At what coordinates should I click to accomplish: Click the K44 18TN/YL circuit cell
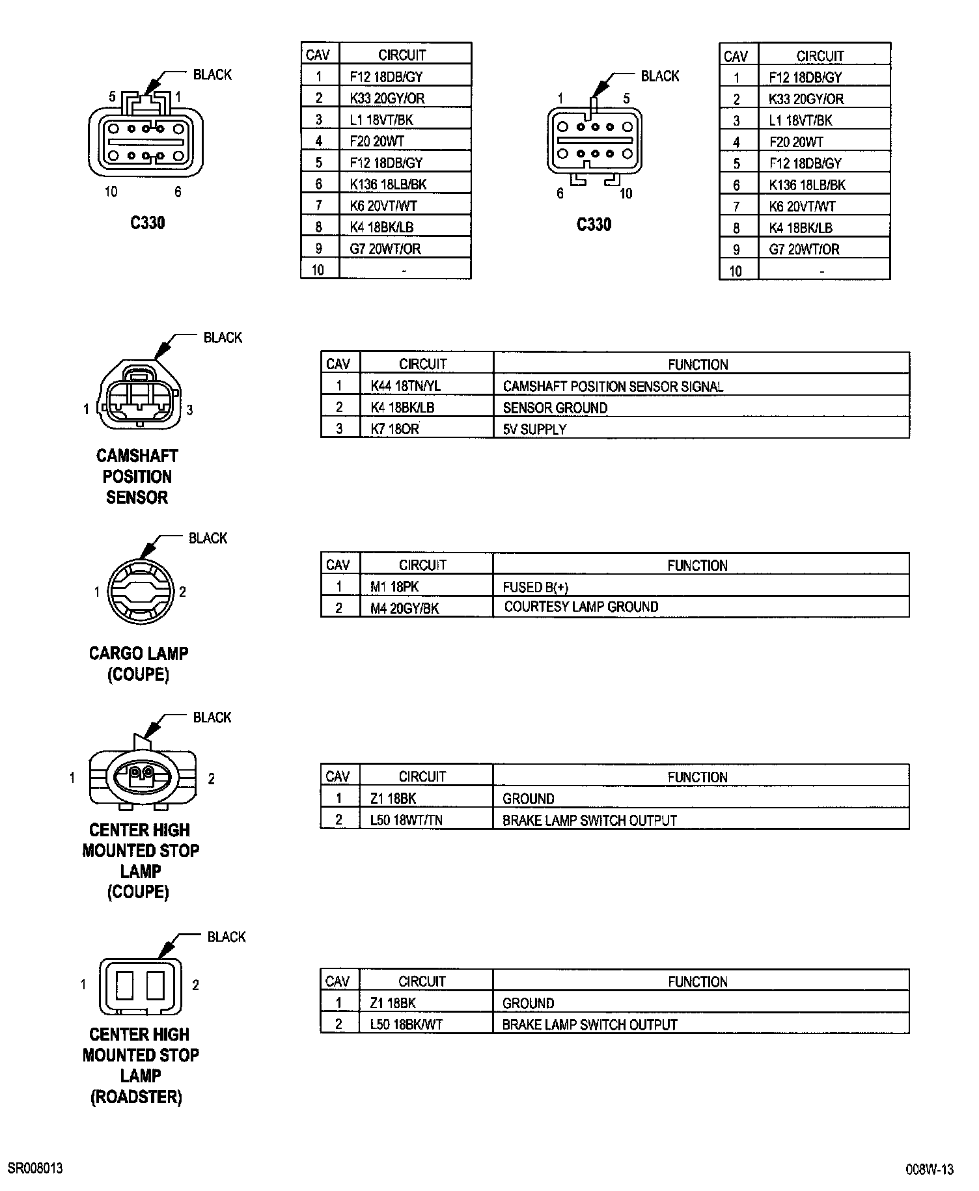pos(406,386)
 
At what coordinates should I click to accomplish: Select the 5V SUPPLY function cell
pos(534,430)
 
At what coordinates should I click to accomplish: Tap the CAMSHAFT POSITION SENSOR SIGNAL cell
pos(613,387)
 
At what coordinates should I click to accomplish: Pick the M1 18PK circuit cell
pos(394,587)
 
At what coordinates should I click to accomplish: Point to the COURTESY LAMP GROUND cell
pos(581,607)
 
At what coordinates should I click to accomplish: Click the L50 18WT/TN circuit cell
pos(406,820)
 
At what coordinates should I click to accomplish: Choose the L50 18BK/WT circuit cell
pos(406,1024)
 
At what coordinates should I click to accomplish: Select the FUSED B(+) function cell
pos(535,587)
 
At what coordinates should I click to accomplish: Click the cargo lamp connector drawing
pos(139,592)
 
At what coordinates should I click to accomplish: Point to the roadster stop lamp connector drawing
pos(140,986)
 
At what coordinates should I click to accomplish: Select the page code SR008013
pos(36,1168)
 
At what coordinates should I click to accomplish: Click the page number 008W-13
pos(930,1170)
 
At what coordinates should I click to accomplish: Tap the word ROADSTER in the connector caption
pos(136,1097)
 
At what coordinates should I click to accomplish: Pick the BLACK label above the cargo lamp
pos(208,538)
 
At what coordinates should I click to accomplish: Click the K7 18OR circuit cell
pos(394,430)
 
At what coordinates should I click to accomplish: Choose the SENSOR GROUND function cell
pos(555,408)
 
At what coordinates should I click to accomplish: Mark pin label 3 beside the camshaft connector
pos(190,410)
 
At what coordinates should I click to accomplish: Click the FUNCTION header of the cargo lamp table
pos(697,566)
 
